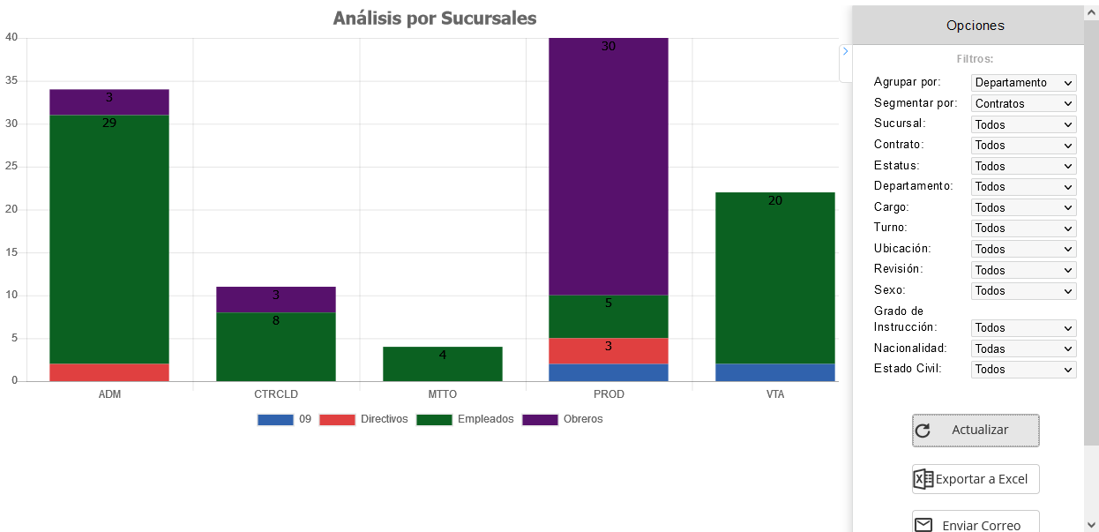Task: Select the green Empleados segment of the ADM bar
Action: click(x=109, y=238)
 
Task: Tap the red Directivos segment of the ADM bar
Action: click(x=109, y=372)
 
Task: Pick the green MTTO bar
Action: click(x=443, y=363)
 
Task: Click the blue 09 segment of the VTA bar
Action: click(x=775, y=372)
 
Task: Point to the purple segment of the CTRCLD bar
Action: click(x=276, y=299)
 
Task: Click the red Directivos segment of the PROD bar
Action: click(x=609, y=350)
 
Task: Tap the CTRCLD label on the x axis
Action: click(x=276, y=394)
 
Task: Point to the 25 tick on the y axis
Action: click(x=11, y=167)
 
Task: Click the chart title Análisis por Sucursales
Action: click(x=435, y=19)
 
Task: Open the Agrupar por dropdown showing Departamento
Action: click(x=1023, y=83)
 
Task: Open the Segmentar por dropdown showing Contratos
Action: click(x=1023, y=103)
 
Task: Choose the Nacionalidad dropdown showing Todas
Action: click(x=1023, y=348)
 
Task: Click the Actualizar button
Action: click(x=976, y=431)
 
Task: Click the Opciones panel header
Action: click(x=975, y=26)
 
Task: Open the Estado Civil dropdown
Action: click(x=1023, y=370)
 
